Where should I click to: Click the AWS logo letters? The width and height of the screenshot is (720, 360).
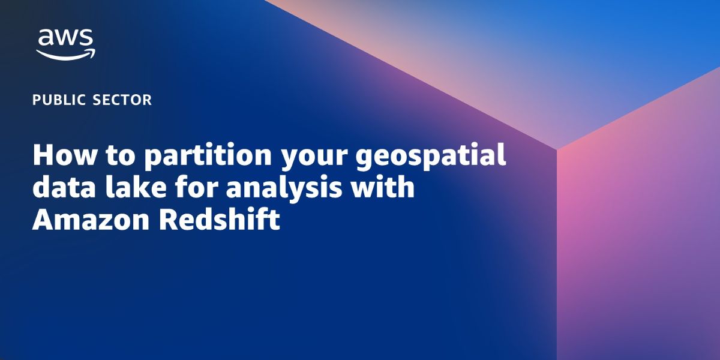pyautogui.click(x=65, y=37)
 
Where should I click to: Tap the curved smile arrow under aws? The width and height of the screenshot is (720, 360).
pyautogui.click(x=65, y=55)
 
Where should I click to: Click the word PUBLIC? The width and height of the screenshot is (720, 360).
pyautogui.click(x=59, y=100)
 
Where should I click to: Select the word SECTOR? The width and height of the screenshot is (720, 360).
pyautogui.click(x=122, y=100)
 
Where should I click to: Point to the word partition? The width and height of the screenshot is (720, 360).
pyautogui.click(x=208, y=157)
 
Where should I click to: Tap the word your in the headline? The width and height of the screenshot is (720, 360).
pyautogui.click(x=314, y=159)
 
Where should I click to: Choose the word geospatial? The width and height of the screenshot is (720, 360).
pyautogui.click(x=431, y=157)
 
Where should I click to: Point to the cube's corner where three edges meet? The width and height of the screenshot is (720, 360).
pyautogui.click(x=557, y=149)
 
